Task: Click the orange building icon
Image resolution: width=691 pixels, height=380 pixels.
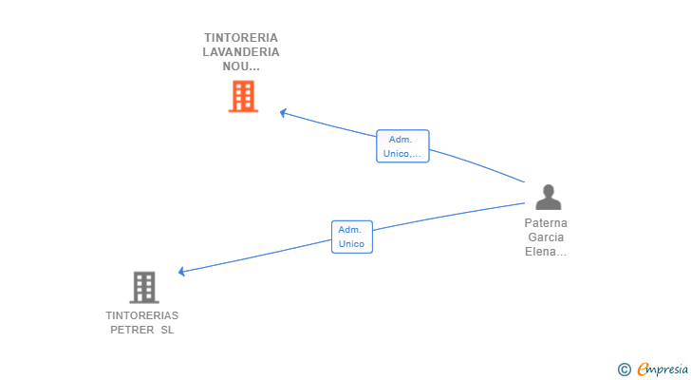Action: tap(243, 96)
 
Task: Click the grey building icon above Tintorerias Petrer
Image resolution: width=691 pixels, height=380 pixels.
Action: tap(143, 287)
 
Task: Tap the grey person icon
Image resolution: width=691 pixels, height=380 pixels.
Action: tap(548, 198)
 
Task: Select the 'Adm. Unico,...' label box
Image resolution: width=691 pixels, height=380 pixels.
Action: tap(402, 146)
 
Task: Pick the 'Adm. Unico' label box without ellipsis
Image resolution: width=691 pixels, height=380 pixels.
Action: tap(351, 237)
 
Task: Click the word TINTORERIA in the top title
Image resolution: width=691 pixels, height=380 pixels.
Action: tap(241, 38)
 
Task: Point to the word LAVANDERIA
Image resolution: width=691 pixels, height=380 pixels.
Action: tap(241, 52)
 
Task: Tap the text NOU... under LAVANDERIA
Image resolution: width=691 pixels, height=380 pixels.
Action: tap(241, 66)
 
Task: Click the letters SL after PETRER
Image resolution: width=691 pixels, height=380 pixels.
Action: tap(167, 330)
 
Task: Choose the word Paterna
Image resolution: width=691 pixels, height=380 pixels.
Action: tap(546, 223)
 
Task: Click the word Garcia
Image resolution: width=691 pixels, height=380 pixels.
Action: tap(546, 237)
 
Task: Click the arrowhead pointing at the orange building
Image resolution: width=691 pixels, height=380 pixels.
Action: tap(282, 112)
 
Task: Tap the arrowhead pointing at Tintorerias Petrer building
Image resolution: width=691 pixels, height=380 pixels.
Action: tap(182, 272)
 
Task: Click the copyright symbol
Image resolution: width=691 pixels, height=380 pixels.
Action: tap(624, 370)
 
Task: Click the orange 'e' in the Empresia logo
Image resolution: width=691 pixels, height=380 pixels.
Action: tap(643, 370)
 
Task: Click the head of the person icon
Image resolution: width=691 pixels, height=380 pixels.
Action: tap(548, 190)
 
